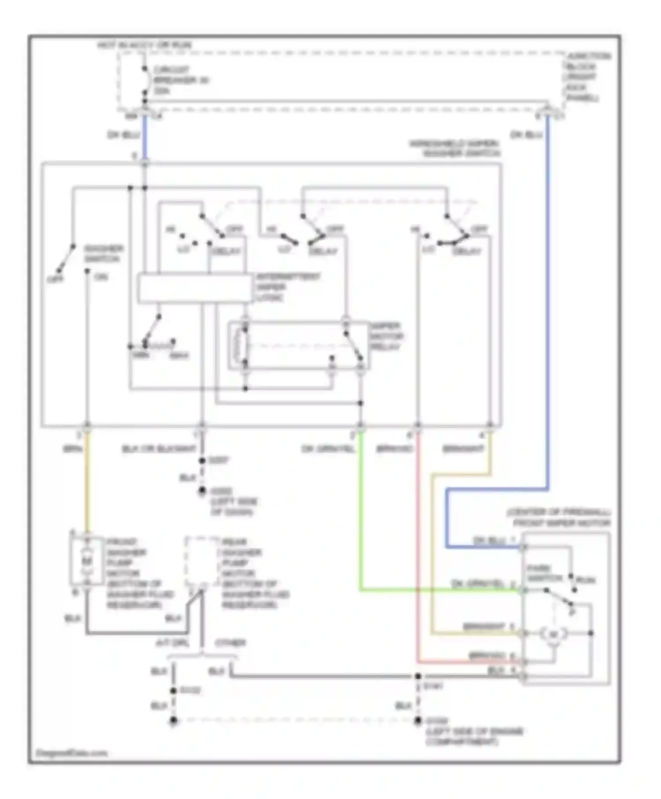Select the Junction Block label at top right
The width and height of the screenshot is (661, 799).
pyautogui.click(x=587, y=77)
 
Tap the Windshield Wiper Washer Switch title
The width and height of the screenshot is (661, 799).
pyautogui.click(x=456, y=148)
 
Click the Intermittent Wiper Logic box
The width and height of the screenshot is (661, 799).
pyautogui.click(x=194, y=289)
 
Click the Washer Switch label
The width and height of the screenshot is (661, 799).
pyautogui.click(x=104, y=253)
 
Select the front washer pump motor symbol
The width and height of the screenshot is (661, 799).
pyautogui.click(x=87, y=561)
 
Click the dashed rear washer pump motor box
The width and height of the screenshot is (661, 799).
pyautogui.click(x=202, y=561)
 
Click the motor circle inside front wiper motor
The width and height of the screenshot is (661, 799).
pyautogui.click(x=553, y=634)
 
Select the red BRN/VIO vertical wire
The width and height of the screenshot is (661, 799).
pyautogui.click(x=417, y=551)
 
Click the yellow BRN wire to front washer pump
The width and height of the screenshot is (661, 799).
pyautogui.click(x=87, y=485)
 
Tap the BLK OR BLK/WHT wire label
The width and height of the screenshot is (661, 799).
pyautogui.click(x=159, y=449)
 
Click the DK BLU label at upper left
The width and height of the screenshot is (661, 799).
pyautogui.click(x=123, y=135)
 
